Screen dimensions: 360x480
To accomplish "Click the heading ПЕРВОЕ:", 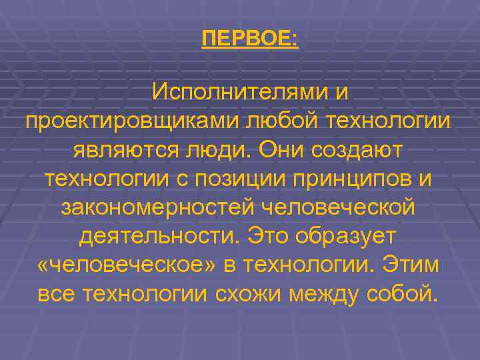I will pyautogui.click(x=250, y=38).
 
